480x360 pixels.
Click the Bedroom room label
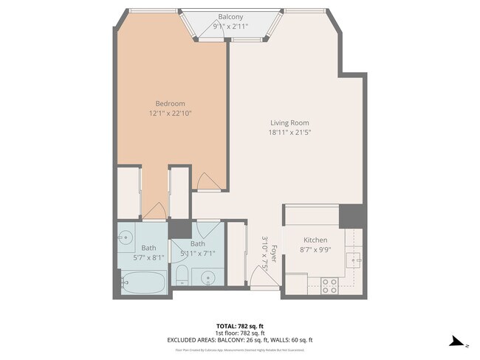click(x=170, y=103)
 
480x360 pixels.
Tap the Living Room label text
click(x=289, y=122)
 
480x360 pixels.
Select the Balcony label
click(x=230, y=16)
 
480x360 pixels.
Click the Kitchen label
click(x=315, y=240)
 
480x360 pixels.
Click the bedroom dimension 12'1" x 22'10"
click(x=170, y=114)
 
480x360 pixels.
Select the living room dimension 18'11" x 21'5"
click(x=289, y=133)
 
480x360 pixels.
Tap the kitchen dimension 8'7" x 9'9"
click(x=315, y=251)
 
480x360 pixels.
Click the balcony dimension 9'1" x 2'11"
click(x=230, y=26)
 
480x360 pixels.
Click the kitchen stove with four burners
click(x=329, y=285)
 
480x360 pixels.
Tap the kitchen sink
click(x=355, y=260)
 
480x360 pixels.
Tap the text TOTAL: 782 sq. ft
click(x=240, y=325)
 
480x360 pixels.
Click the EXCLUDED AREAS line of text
click(x=240, y=340)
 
